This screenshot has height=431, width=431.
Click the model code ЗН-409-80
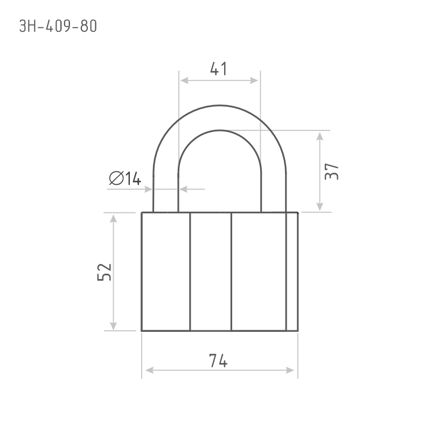tap(58, 26)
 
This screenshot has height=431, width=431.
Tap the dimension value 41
tap(219, 69)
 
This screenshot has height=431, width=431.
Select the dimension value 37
tap(331, 171)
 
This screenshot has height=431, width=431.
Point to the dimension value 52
tap(105, 272)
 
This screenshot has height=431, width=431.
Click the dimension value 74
tap(218, 360)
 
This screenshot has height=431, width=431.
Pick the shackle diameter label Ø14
tap(125, 178)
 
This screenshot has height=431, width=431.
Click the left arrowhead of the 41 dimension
tap(184, 80)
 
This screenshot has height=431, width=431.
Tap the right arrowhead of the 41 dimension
tap(254, 80)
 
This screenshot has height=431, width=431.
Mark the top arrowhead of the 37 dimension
tap(319, 136)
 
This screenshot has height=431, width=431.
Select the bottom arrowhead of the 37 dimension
tap(319, 207)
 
